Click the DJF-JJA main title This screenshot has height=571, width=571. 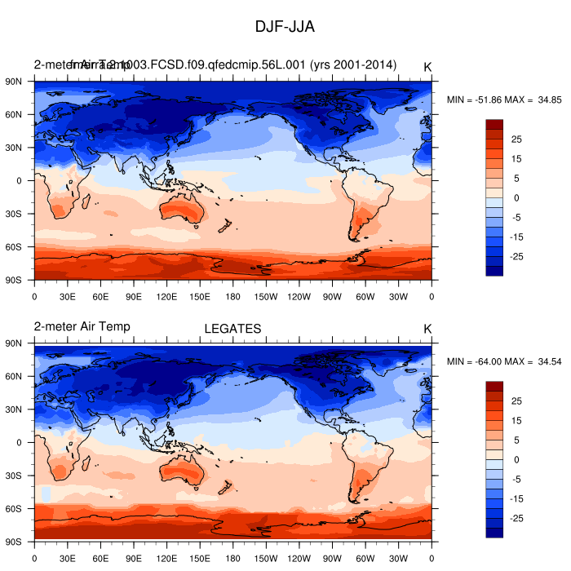pos(285,27)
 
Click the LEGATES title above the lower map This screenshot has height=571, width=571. pos(232,329)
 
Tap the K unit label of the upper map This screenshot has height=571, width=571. pos(427,66)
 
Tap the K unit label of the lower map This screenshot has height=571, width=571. pos(427,329)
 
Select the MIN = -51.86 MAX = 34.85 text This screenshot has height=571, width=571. pos(504,100)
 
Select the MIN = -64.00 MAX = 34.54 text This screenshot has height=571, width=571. pos(504,361)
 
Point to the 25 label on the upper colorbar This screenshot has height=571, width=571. pos(516,139)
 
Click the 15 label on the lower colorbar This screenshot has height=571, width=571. pos(516,420)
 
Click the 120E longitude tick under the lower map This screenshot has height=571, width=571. pos(166,558)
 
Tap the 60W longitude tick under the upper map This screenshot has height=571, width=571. pos(365,296)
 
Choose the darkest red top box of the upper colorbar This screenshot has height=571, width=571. pos(494,124)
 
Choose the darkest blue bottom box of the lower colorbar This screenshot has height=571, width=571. pos(494,533)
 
